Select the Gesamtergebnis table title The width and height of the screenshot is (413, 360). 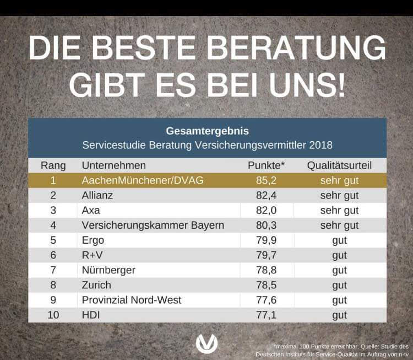(207, 131)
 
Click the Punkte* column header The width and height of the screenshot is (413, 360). (267, 165)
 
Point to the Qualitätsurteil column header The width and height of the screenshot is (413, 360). (339, 165)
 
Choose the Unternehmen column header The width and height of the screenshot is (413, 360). (113, 165)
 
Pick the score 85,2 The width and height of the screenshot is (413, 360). (267, 180)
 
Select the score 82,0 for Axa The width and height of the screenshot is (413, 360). (267, 210)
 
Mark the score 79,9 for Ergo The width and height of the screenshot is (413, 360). (267, 240)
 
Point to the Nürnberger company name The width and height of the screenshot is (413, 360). (108, 270)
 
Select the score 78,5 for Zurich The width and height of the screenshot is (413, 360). (267, 285)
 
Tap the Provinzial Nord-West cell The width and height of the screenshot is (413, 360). (131, 300)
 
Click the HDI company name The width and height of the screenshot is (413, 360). (90, 315)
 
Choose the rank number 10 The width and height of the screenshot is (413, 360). (53, 315)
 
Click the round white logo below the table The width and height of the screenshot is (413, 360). (207, 343)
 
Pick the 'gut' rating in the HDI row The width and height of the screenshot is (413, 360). (339, 315)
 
